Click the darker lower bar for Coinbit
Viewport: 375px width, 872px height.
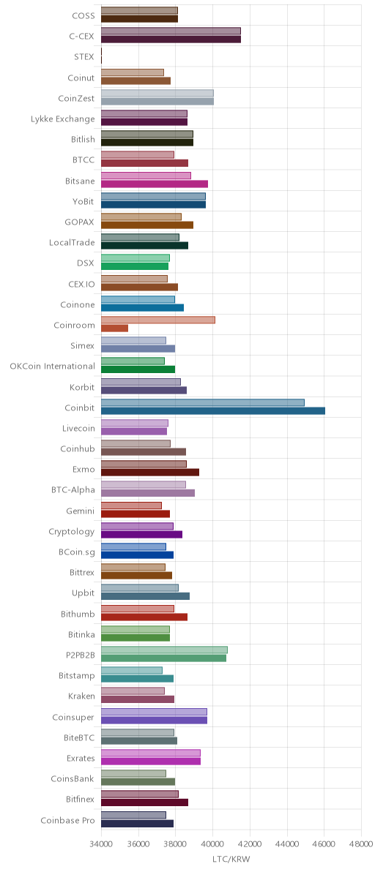click(213, 411)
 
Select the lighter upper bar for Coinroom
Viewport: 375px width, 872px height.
click(158, 320)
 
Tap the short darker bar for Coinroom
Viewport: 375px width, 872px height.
click(114, 328)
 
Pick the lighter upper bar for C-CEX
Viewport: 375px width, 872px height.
click(171, 31)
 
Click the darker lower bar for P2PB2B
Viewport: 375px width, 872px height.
click(163, 658)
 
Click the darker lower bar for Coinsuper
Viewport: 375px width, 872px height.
click(154, 720)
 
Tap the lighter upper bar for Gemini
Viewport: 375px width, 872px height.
click(131, 505)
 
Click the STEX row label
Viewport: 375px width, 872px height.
click(84, 57)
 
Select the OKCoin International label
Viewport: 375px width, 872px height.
click(52, 367)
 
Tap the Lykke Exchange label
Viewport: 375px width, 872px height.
click(62, 119)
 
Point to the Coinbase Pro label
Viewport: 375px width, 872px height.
click(67, 820)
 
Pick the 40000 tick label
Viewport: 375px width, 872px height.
click(212, 843)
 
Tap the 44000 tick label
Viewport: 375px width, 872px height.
click(287, 843)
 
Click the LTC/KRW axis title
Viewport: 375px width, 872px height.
click(231, 860)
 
